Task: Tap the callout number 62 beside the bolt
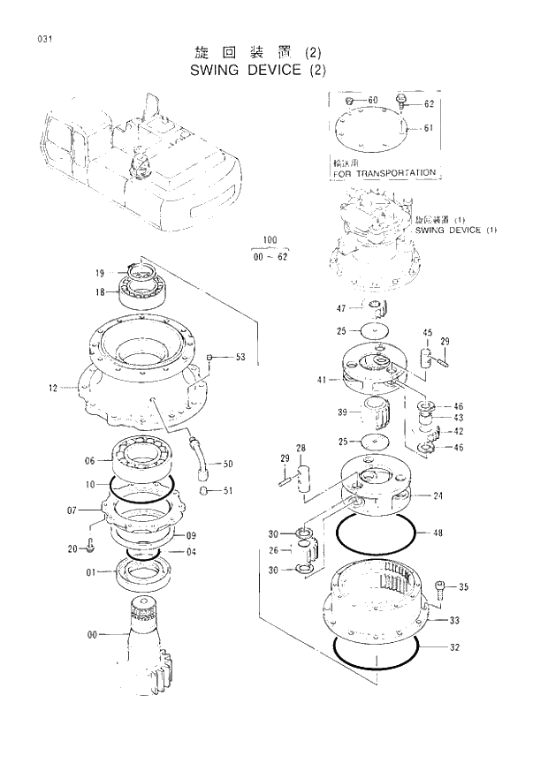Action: point(429,103)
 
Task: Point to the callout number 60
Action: point(372,100)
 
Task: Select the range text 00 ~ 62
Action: point(270,256)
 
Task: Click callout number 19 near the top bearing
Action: point(100,273)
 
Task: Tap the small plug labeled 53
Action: point(210,357)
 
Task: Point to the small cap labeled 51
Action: point(202,490)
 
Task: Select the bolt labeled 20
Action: point(91,548)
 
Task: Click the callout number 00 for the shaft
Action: point(90,633)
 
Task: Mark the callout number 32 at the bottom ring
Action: point(454,647)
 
